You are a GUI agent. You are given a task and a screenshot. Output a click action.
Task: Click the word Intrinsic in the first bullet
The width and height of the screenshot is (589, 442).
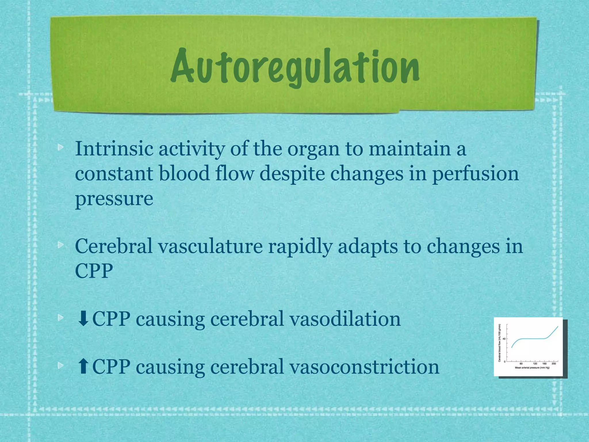(x=114, y=149)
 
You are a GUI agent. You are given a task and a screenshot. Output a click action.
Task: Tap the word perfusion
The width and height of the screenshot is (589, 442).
(x=475, y=174)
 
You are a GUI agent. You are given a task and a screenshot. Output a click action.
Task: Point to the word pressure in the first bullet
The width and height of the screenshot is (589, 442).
(x=114, y=199)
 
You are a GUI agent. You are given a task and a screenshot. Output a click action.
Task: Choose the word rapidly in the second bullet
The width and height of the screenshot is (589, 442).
(x=300, y=246)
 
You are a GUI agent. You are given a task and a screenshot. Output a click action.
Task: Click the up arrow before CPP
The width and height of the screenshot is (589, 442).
(x=83, y=367)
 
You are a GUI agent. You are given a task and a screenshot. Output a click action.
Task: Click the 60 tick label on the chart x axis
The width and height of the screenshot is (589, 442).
(x=521, y=364)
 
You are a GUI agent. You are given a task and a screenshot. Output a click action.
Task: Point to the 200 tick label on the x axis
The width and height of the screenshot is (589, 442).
(x=554, y=364)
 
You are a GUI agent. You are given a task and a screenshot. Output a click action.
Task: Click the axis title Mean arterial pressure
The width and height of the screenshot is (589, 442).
(x=532, y=368)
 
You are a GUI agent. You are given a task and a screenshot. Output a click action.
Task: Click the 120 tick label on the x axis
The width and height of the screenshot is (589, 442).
(x=535, y=364)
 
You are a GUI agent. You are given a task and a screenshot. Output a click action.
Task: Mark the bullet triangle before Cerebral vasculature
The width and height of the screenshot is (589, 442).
(x=60, y=245)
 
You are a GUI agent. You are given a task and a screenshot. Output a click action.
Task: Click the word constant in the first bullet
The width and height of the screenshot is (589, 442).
(x=114, y=174)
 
